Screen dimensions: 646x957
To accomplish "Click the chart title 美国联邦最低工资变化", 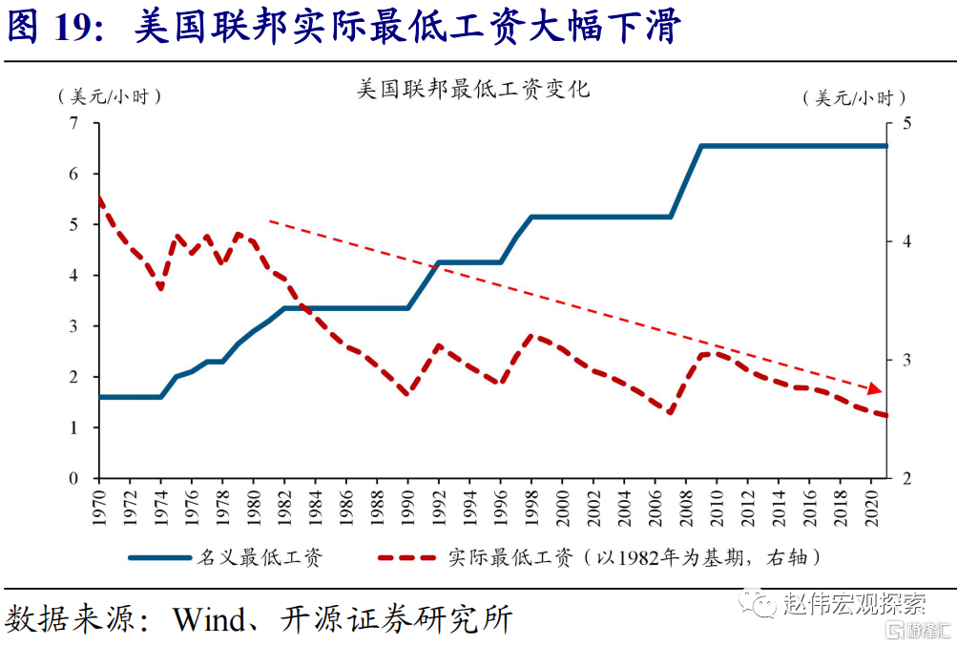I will tap(473, 90).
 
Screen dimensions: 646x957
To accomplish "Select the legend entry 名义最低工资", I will tap(259, 557).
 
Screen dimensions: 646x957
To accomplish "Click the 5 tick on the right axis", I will tap(906, 123).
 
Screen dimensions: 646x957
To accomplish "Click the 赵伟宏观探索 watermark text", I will tap(854, 603).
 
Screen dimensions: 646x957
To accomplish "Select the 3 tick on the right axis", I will tap(906, 360).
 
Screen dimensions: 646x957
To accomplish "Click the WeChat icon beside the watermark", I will tap(762, 603).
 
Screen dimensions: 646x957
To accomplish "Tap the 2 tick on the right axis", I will tap(906, 478).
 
